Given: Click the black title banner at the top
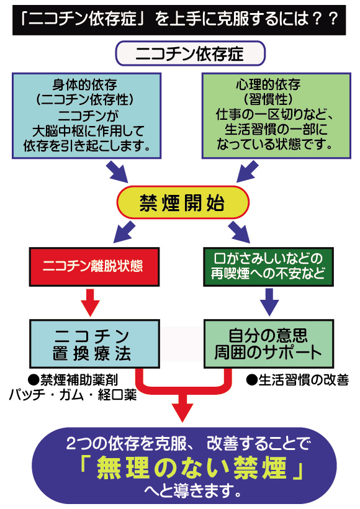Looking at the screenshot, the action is [179, 19].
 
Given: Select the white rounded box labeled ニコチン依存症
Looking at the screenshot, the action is [190, 53].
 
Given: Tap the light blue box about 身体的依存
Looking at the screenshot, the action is [87, 115].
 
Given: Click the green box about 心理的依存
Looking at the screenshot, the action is [276, 115].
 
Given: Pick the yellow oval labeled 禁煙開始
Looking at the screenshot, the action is [182, 202].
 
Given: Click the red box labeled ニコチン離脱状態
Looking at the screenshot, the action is [94, 267].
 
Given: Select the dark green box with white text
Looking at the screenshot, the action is [269, 267].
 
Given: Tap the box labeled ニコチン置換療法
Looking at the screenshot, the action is [94, 344].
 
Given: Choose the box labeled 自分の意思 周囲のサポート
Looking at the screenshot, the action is [269, 344].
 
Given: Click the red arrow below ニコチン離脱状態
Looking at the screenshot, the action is [90, 302].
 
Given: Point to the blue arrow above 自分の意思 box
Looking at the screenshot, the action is [269, 302].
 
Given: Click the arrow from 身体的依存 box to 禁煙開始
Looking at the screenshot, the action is [117, 171].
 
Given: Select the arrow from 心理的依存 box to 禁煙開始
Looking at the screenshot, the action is [248, 171].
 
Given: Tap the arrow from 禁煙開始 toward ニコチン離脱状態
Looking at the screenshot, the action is [124, 232].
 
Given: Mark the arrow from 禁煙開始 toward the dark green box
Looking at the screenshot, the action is [239, 232].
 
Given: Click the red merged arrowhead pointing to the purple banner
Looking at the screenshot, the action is [182, 412].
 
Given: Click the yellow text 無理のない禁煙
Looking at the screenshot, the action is [192, 468].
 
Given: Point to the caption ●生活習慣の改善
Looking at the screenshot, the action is [297, 380].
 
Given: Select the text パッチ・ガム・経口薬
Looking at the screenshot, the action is [73, 395].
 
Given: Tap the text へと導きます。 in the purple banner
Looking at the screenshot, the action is [193, 490].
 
